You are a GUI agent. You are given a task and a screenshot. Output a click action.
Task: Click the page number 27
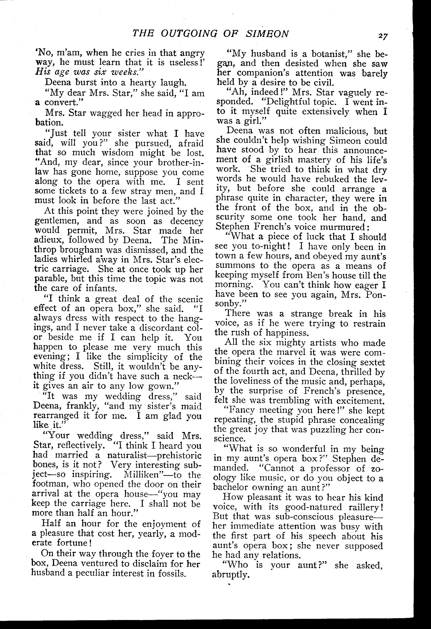[x=383, y=36]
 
